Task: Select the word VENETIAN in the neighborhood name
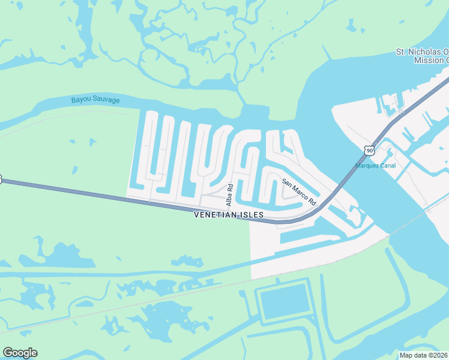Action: [215, 215]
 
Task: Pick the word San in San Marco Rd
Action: [287, 182]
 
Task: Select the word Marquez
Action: [368, 166]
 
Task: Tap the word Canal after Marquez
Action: [387, 166]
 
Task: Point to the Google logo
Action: [20, 353]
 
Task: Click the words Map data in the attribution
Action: [413, 355]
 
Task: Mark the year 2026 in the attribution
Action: [439, 355]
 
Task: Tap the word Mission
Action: [428, 60]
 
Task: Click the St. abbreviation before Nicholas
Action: [401, 52]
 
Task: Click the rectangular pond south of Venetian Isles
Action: [285, 304]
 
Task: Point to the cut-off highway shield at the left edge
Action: [1, 178]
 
